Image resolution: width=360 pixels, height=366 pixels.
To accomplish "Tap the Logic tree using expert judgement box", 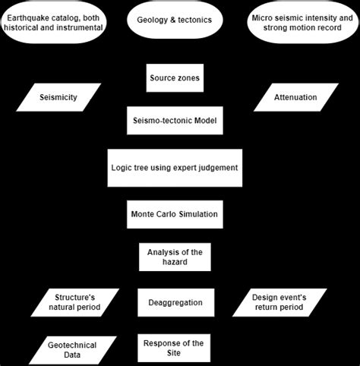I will [x=175, y=168].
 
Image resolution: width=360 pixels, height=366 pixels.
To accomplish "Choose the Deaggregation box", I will [x=175, y=302].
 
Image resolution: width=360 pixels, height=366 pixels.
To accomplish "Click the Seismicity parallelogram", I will [x=59, y=97].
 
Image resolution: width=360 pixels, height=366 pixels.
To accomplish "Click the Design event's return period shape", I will [x=279, y=302].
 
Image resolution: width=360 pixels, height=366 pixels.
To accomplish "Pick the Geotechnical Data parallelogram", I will [x=69, y=348].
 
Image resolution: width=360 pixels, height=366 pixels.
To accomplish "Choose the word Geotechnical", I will [x=71, y=342].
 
